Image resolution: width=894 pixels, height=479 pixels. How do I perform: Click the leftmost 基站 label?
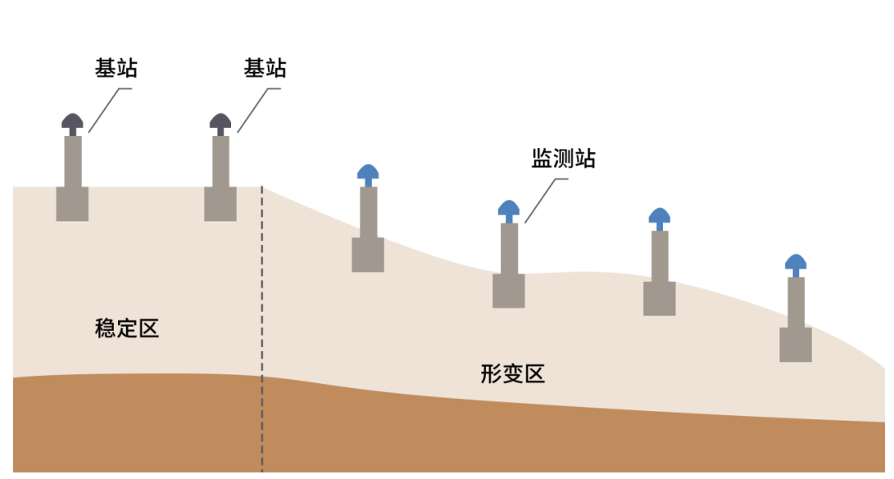(116, 68)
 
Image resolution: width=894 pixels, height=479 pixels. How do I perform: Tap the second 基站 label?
(265, 68)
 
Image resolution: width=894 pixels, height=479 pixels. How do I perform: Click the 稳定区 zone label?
(127, 329)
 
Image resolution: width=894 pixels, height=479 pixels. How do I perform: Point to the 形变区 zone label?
(513, 374)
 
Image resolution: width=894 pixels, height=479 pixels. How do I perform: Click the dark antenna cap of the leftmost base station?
(72, 122)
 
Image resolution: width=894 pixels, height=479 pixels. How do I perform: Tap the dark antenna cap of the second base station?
(220, 122)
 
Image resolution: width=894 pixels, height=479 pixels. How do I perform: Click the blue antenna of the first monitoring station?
(368, 173)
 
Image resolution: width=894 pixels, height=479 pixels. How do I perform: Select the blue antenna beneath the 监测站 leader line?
(509, 208)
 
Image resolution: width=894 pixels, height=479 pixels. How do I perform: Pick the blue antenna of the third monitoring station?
(660, 217)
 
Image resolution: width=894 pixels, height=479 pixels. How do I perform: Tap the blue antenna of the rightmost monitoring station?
(796, 263)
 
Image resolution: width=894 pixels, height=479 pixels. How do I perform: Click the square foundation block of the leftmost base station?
(72, 204)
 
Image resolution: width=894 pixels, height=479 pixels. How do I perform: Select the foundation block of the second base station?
(220, 204)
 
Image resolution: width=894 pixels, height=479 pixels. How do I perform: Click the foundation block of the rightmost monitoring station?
(796, 345)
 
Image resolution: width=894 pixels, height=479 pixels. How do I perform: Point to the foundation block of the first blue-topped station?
(368, 255)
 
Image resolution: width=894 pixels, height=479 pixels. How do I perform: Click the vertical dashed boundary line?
(262, 328)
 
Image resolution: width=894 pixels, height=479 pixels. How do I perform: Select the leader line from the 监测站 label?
(542, 197)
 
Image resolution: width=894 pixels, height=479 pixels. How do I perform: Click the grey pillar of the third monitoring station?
(660, 256)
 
